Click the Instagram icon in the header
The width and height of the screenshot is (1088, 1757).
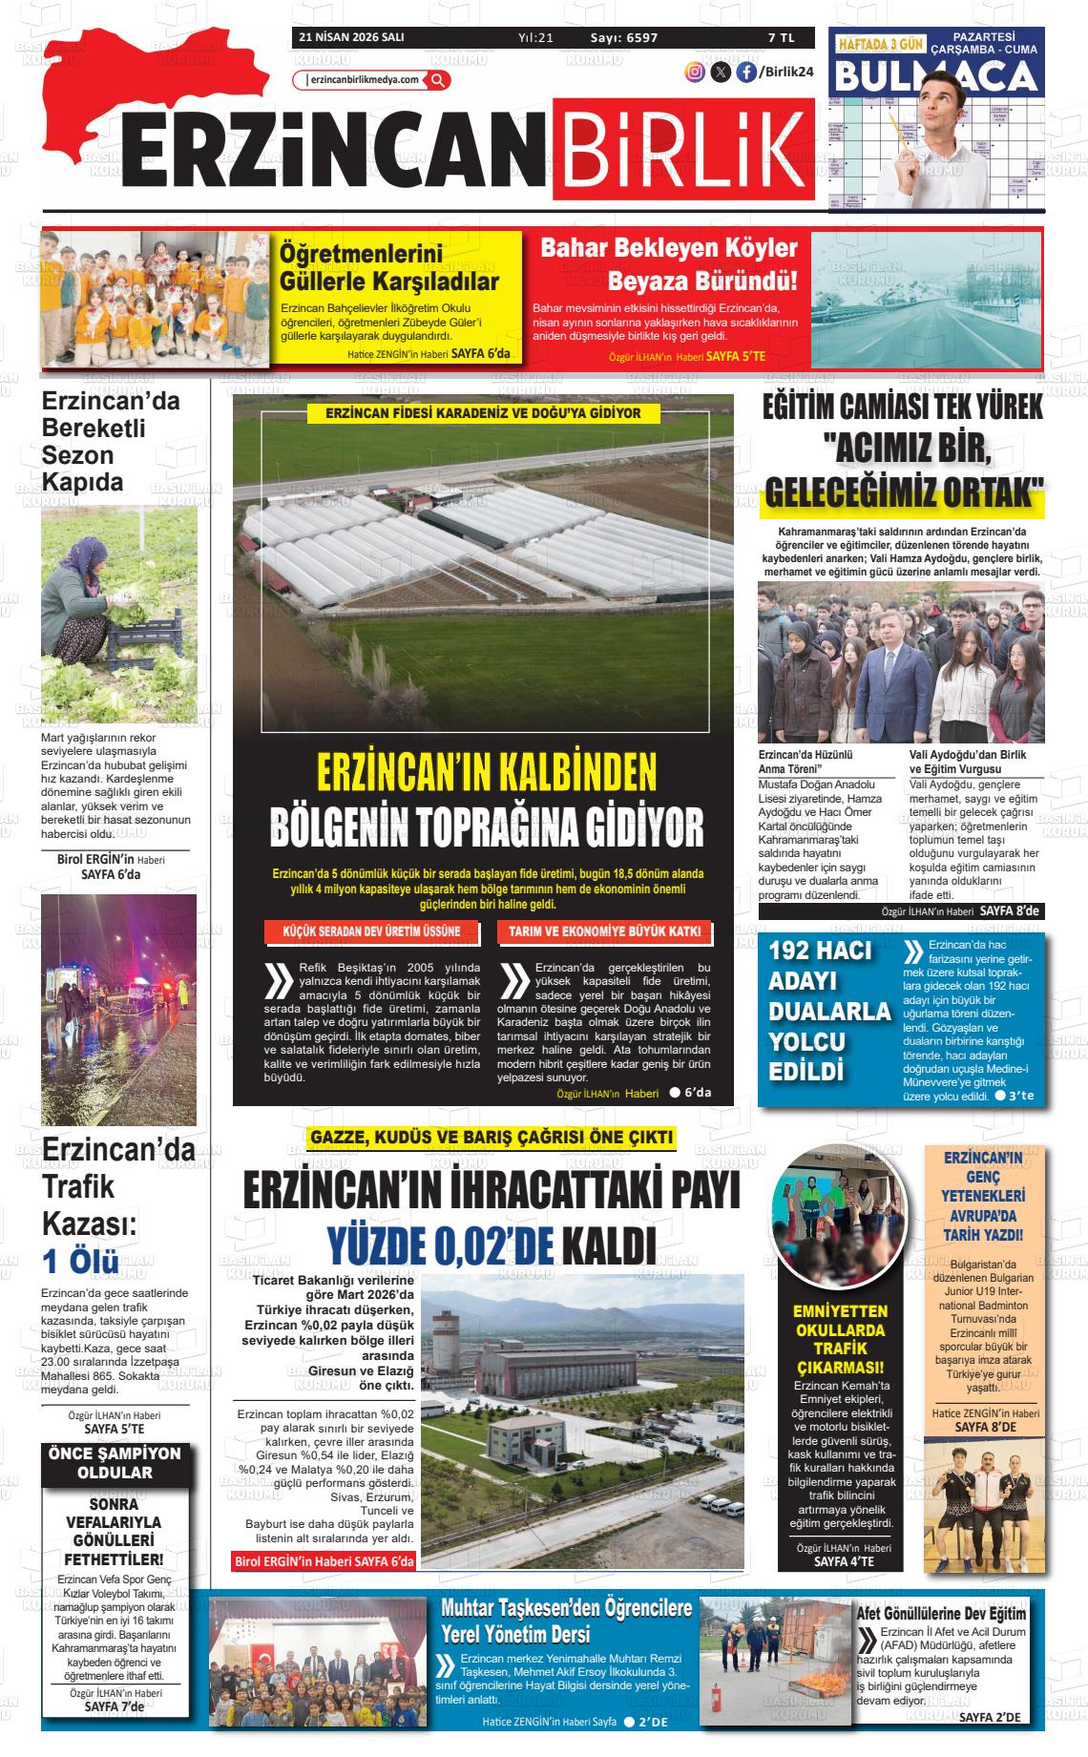(696, 72)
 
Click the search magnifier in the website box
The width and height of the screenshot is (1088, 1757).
(438, 80)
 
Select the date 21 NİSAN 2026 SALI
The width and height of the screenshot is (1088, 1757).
(351, 38)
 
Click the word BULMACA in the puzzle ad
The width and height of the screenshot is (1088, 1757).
(935, 75)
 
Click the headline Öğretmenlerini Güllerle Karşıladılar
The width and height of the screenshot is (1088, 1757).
(388, 268)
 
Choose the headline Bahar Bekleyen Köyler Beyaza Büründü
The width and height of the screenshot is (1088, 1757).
(668, 264)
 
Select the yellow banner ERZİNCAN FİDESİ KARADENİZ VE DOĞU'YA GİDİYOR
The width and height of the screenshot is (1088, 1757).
(483, 413)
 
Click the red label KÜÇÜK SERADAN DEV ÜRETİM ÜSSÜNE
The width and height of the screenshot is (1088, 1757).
(372, 931)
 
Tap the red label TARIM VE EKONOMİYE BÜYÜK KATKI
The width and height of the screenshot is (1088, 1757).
(605, 931)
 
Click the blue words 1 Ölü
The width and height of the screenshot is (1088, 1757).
(81, 1261)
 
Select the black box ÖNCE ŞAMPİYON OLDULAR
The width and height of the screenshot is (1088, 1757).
(115, 1463)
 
